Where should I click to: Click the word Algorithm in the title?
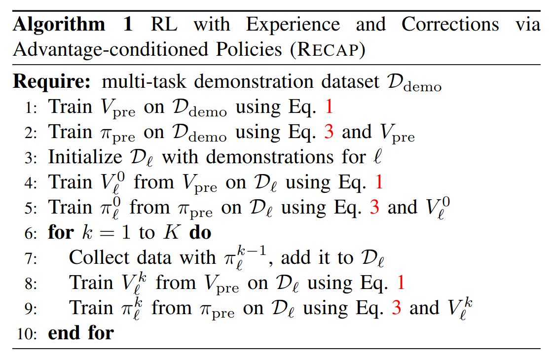pos(59,25)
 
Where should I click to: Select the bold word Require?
pos(51,81)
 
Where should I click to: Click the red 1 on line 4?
pos(378,182)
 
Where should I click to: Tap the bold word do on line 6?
pos(200,233)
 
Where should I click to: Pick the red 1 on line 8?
pos(401,283)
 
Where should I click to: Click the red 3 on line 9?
pos(396,308)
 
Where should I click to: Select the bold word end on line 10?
pos(66,333)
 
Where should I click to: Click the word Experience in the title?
pos(293,25)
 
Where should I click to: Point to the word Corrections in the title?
pos(450,25)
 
